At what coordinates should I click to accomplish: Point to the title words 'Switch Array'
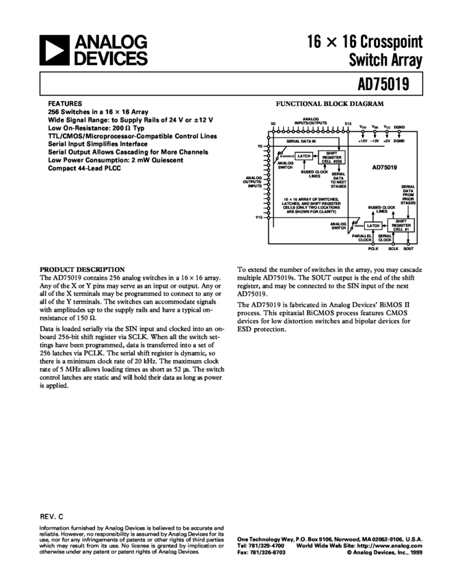coord(387,60)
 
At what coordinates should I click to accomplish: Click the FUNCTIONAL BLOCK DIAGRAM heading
coord(330,105)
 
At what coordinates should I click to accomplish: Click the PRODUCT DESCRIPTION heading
coord(82,269)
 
